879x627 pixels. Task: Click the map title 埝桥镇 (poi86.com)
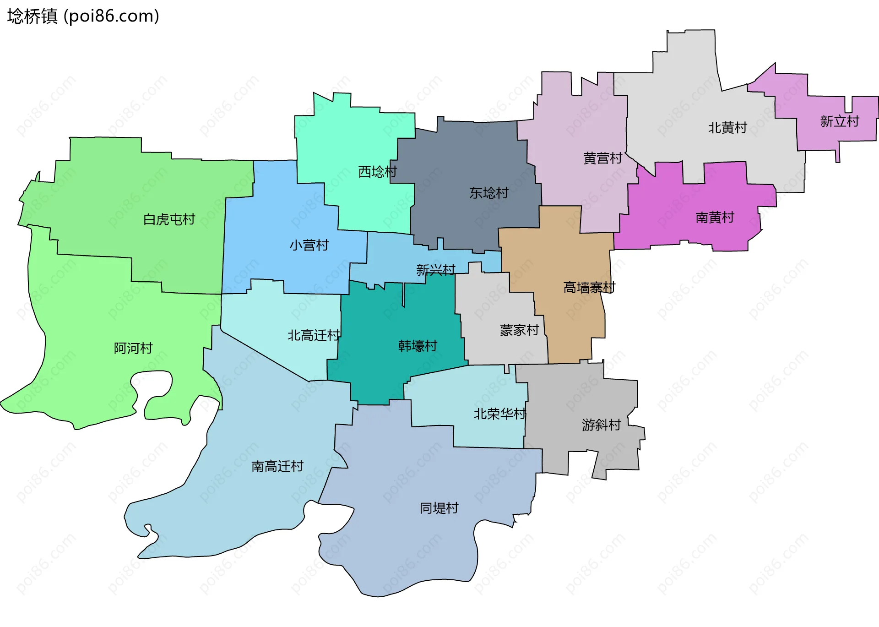(x=83, y=16)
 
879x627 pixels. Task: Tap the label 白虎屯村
(x=169, y=219)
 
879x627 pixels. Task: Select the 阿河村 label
(x=133, y=348)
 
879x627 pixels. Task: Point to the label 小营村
(x=309, y=245)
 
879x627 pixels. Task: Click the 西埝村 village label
(x=377, y=172)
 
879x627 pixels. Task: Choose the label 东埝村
(x=488, y=193)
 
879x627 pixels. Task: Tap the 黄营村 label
(x=602, y=158)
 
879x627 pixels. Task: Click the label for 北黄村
(x=727, y=127)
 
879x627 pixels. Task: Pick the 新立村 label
(x=839, y=121)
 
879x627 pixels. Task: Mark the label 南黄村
(x=715, y=217)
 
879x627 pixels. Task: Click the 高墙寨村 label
(x=589, y=287)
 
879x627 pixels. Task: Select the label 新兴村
(x=435, y=270)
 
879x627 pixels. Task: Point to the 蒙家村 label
(x=519, y=330)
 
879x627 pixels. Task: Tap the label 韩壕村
(x=418, y=346)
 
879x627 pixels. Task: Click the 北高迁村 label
(x=314, y=335)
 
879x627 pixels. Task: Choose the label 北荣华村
(x=499, y=414)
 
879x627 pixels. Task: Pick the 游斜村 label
(x=601, y=425)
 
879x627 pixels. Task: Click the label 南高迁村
(x=277, y=466)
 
